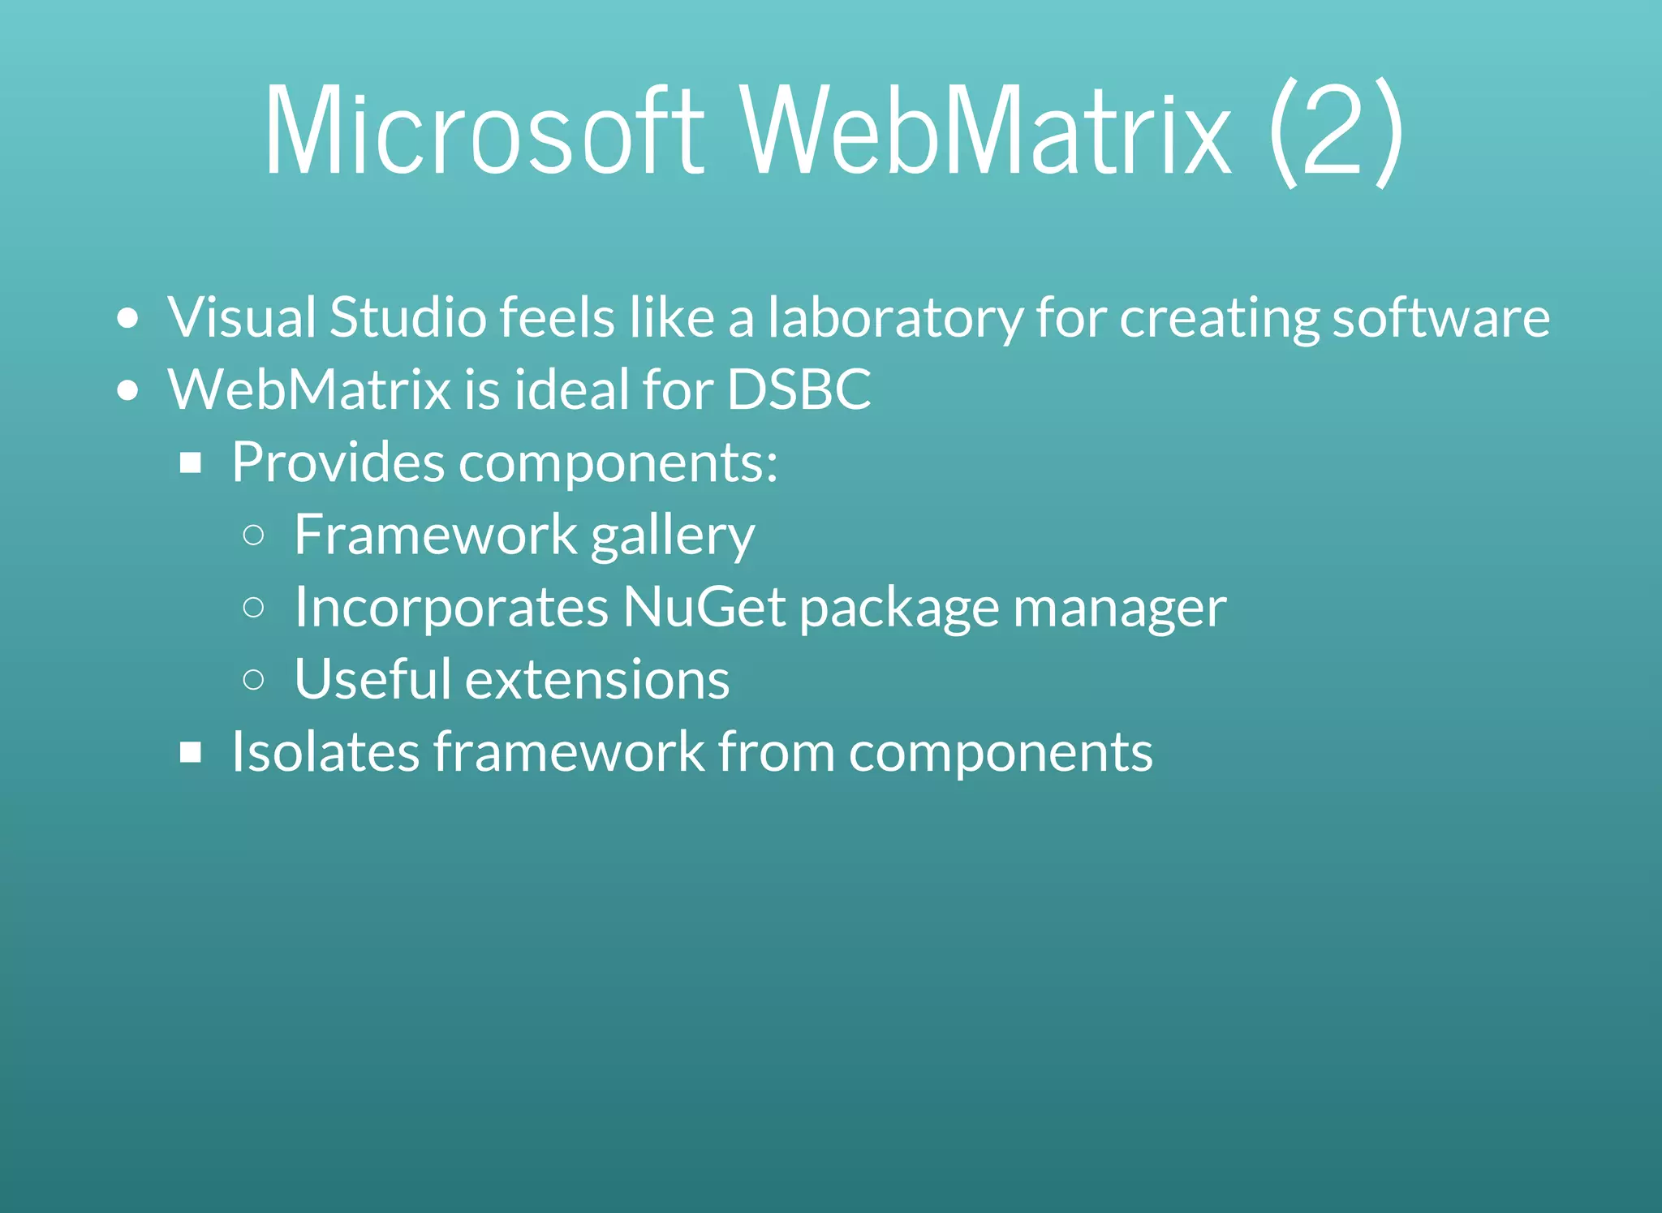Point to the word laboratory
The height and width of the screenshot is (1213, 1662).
(x=895, y=318)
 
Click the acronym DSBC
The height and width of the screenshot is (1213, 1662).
(x=799, y=389)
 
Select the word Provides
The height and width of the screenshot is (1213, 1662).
(x=338, y=462)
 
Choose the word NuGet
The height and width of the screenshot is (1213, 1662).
(x=704, y=607)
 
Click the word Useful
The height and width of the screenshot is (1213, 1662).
(x=372, y=679)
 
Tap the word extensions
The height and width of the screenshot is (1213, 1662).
(x=596, y=680)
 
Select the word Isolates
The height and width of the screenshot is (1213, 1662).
(x=325, y=751)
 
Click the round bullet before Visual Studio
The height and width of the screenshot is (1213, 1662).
(x=127, y=318)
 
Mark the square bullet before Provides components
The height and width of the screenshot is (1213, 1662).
(x=191, y=463)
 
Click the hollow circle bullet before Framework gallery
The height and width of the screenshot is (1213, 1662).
(x=253, y=535)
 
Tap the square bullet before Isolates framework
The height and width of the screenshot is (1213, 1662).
(x=191, y=753)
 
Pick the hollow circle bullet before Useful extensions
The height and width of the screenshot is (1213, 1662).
(x=253, y=679)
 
